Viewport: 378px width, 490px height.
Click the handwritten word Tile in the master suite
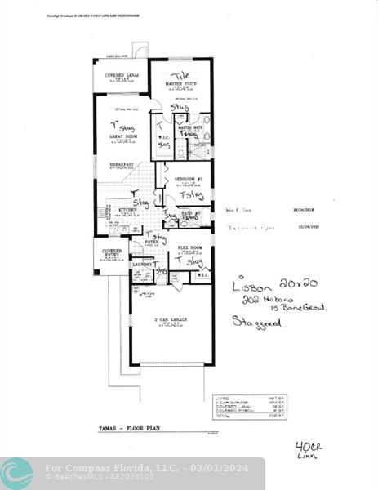tap(180, 75)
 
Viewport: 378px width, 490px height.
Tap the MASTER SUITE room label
tap(180, 83)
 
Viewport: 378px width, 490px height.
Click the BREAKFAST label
tap(122, 165)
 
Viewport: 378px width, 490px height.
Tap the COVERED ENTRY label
tap(111, 254)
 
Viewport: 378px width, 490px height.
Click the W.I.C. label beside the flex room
tap(202, 275)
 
